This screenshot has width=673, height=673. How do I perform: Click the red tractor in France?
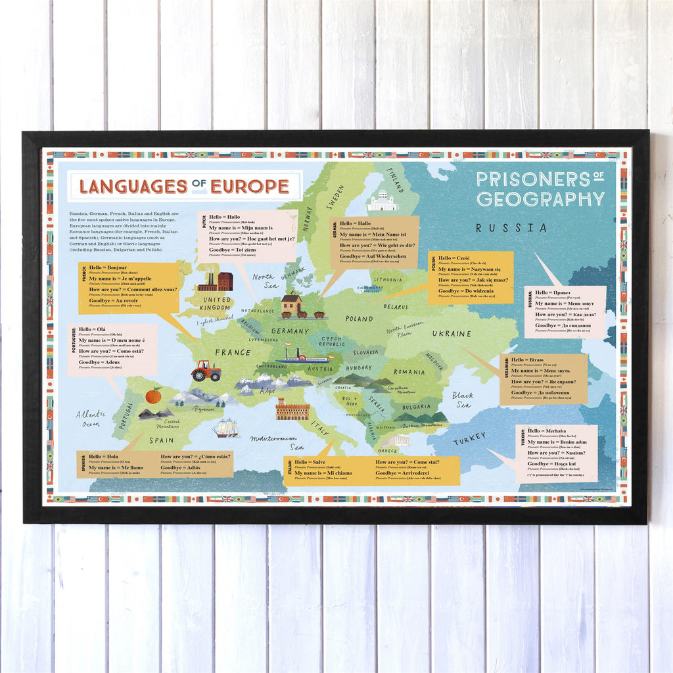coord(206,371)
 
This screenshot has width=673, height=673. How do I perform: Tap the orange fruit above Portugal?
coord(153,396)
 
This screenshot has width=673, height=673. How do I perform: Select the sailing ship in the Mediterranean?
coord(225,428)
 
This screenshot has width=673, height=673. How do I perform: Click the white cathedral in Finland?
coord(383,200)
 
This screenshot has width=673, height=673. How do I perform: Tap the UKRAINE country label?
coord(452,334)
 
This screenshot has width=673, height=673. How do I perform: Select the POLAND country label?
coord(359,319)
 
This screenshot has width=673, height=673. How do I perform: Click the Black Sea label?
coord(462,400)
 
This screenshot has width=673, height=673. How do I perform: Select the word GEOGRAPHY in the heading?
coord(540,199)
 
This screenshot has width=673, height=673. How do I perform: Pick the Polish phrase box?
coord(471,277)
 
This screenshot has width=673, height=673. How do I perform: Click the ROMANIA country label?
coord(409,372)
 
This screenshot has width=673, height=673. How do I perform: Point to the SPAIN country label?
coord(161,441)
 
